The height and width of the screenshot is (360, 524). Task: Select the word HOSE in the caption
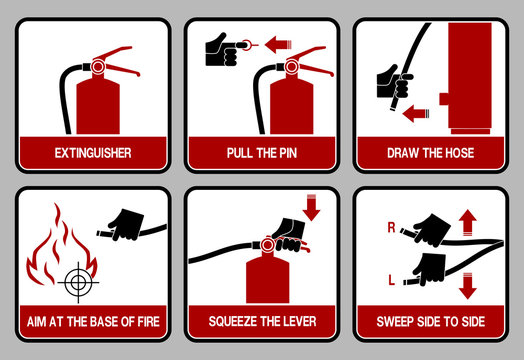(455, 154)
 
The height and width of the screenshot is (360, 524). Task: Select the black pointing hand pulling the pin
(220, 44)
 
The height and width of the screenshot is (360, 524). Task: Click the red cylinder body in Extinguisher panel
(97, 107)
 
